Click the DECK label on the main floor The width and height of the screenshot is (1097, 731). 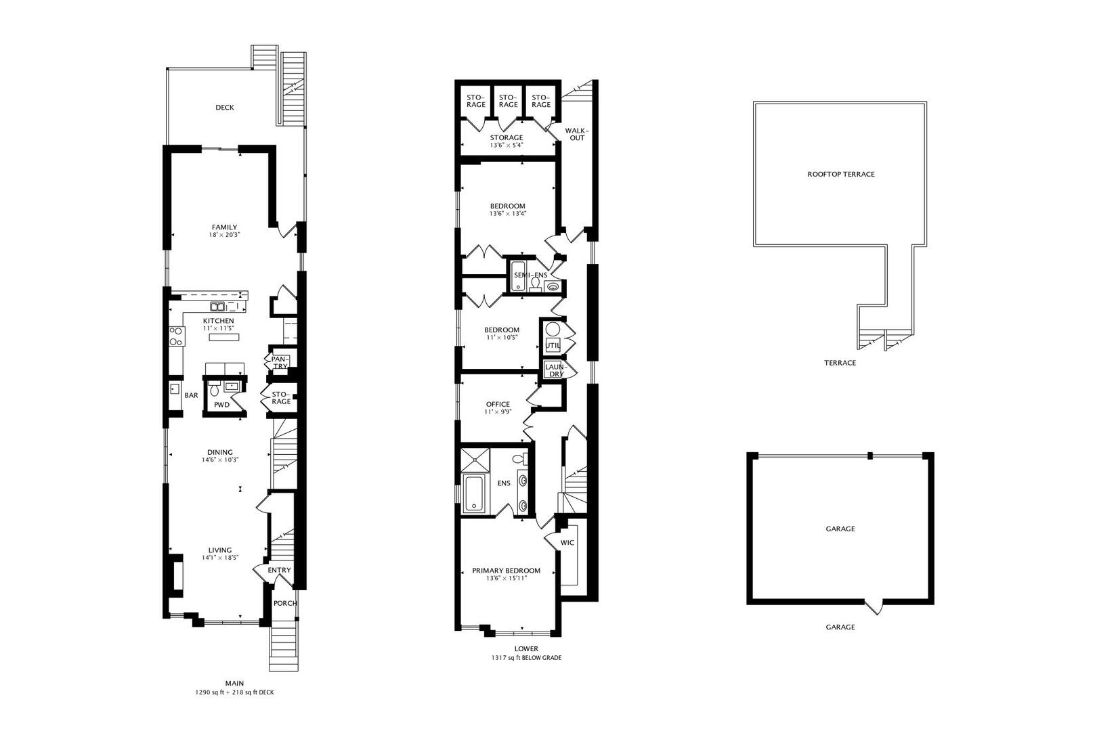pos(224,108)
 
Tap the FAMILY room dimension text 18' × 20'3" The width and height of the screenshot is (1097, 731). pos(224,235)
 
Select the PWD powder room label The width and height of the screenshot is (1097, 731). pos(222,405)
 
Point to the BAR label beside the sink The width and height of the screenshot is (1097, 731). pos(191,395)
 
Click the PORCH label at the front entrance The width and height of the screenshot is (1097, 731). pos(285,603)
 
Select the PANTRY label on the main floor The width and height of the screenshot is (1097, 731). pos(280,363)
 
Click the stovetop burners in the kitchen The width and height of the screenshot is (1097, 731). pos(177,336)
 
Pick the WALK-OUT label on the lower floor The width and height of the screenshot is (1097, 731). pos(577,134)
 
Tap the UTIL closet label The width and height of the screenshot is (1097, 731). pos(553,345)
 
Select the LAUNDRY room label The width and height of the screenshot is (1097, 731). pos(555,370)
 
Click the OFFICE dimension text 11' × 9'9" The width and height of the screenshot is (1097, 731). pos(498,412)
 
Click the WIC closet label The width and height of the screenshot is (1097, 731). pos(567,543)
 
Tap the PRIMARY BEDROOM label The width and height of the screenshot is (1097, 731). pos(506,571)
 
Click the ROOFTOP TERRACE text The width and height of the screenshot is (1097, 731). pos(840,174)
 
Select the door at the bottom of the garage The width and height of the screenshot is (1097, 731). pos(874,606)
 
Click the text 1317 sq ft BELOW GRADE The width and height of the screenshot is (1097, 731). pos(526,658)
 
